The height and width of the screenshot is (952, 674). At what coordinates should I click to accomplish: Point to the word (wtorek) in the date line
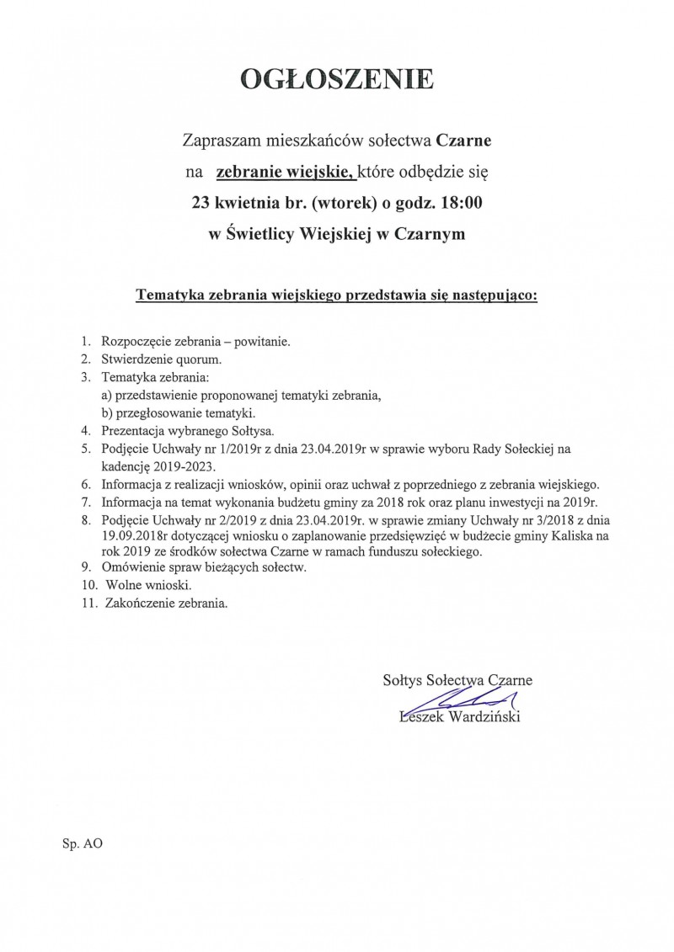click(339, 204)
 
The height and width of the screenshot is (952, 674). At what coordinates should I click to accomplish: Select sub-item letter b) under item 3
click(107, 413)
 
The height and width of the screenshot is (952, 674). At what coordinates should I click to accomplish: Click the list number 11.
click(84, 604)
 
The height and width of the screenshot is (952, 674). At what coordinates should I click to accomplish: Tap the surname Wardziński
click(484, 717)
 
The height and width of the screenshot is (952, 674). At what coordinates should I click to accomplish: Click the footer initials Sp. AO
click(82, 842)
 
